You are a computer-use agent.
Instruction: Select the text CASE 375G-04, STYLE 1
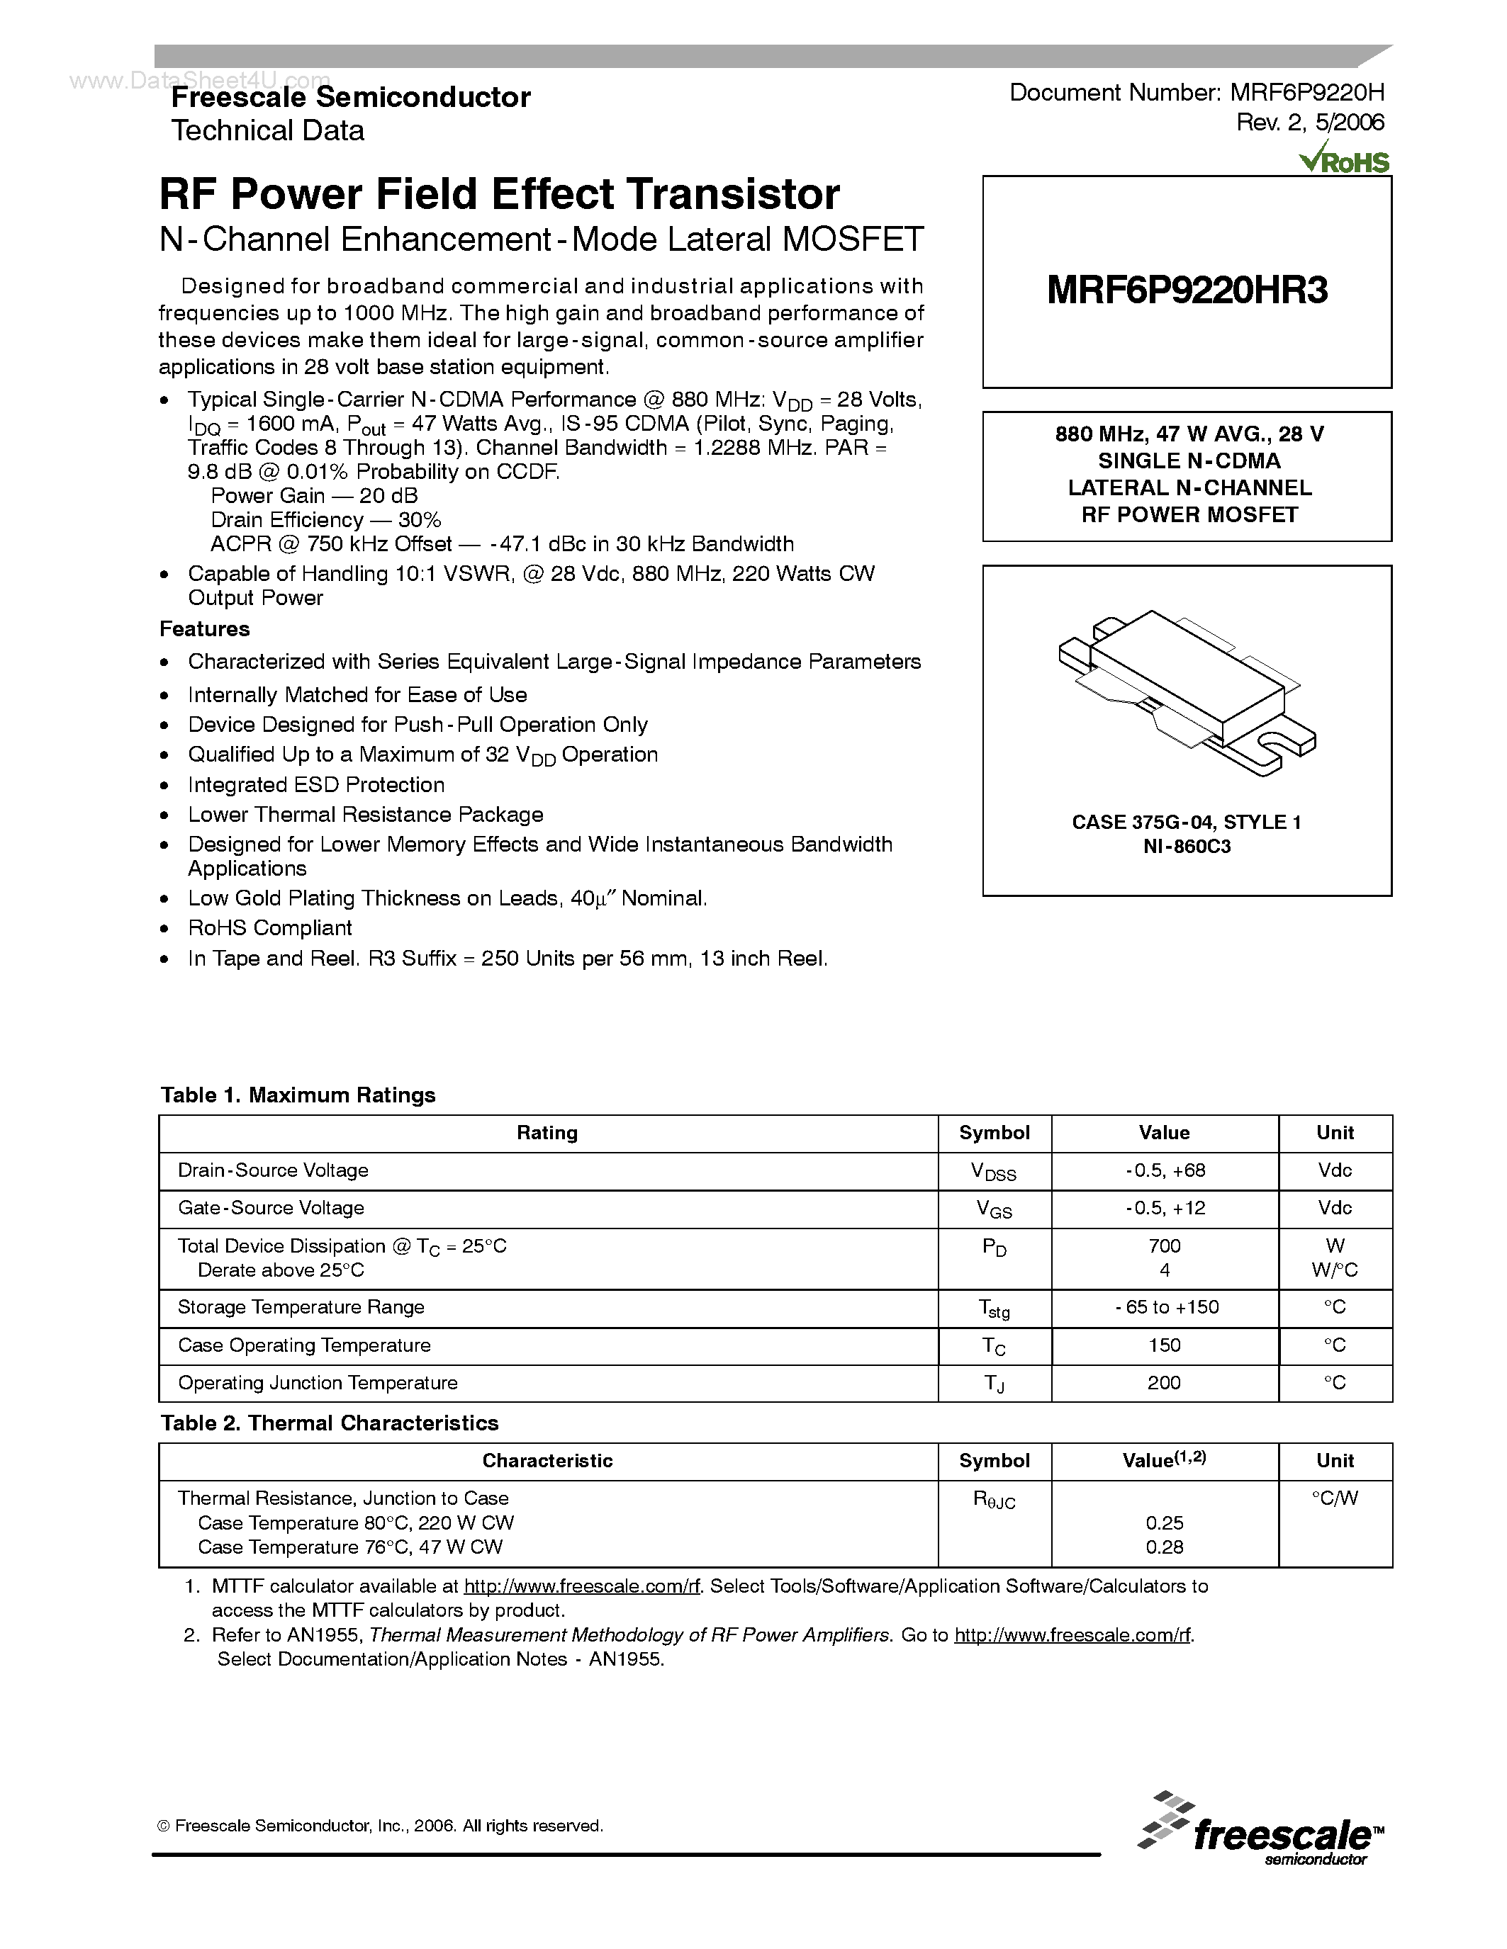click(x=1187, y=822)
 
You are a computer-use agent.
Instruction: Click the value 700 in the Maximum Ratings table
click(x=1164, y=1245)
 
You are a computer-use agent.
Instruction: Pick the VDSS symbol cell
click(x=994, y=1171)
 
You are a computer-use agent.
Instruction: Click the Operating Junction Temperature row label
click(x=317, y=1382)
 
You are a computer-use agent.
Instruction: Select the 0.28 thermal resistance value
click(x=1164, y=1547)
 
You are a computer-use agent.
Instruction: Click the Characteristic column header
click(x=547, y=1460)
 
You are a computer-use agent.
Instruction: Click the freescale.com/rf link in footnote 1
click(x=581, y=1586)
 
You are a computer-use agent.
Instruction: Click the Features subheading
click(x=204, y=629)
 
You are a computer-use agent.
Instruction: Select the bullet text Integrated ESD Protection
click(x=316, y=784)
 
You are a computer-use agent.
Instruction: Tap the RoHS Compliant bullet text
click(x=269, y=927)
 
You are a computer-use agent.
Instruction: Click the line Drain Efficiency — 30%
click(x=326, y=520)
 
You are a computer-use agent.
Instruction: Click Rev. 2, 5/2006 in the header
click(x=1309, y=123)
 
